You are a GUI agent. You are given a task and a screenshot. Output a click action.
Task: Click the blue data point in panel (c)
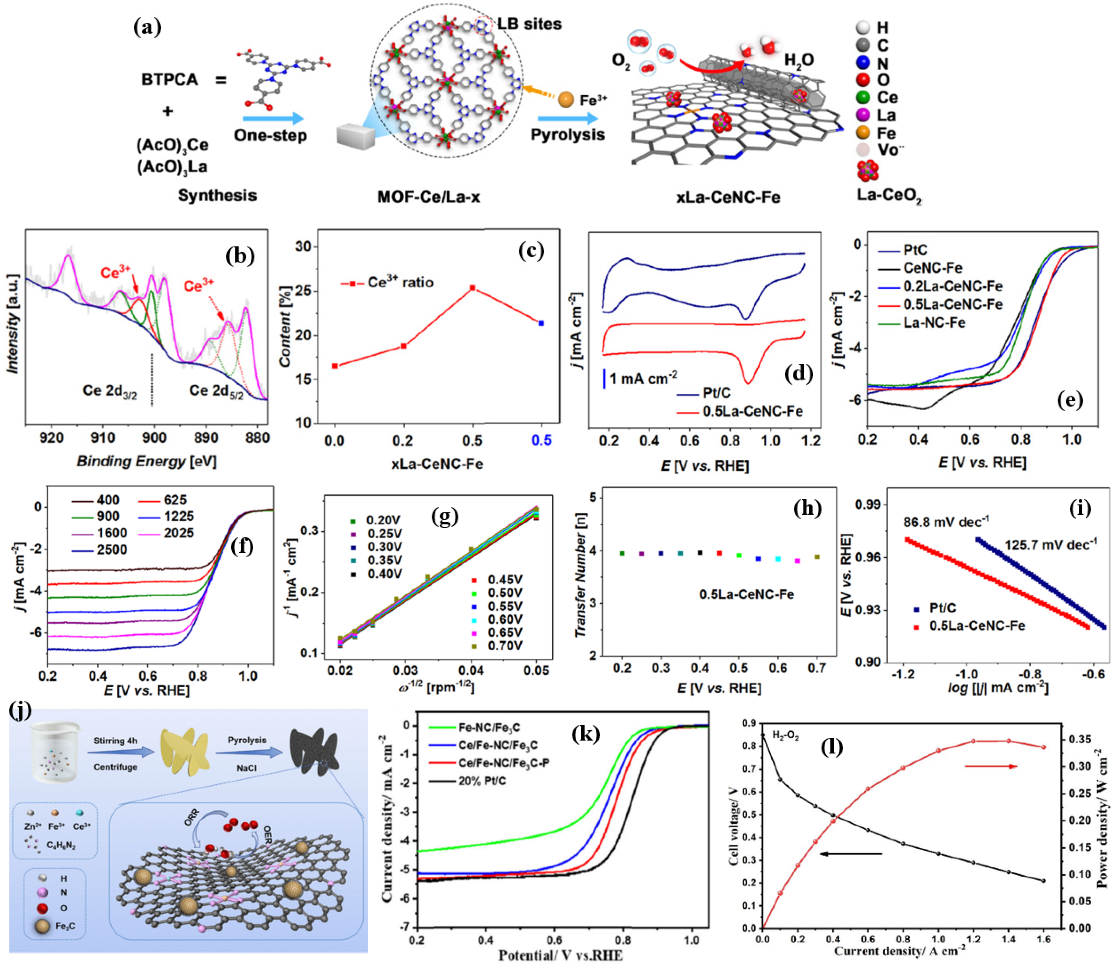point(541,323)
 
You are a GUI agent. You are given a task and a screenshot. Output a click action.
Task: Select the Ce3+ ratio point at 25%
point(473,288)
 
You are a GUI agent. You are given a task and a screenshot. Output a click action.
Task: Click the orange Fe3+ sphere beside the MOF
point(565,100)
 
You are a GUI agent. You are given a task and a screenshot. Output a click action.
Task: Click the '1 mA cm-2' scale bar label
point(643,378)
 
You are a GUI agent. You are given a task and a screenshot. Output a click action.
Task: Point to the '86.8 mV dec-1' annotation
point(946,522)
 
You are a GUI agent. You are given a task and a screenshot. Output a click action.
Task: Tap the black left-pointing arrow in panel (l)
point(851,854)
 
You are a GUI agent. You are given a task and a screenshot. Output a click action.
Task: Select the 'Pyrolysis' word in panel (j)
point(247,740)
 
